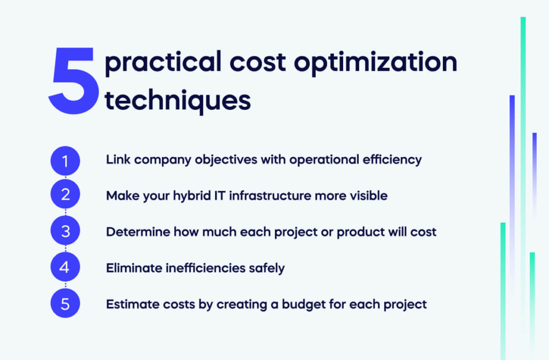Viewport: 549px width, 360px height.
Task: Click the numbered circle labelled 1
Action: [65, 160]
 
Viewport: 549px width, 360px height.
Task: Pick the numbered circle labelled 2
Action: [65, 194]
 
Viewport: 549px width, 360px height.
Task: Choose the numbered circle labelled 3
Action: [65, 231]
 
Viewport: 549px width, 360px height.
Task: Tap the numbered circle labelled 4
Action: [65, 267]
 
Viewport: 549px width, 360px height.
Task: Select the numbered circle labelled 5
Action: [65, 304]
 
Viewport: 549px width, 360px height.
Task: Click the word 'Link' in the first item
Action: [116, 160]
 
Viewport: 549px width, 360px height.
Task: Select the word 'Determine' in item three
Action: [135, 232]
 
